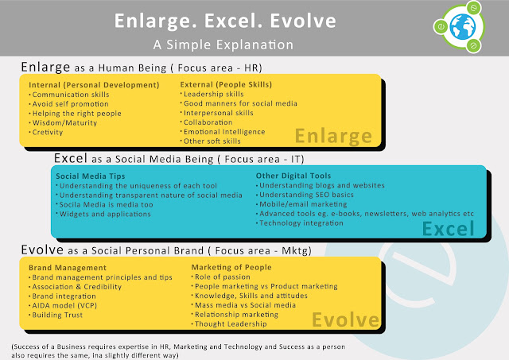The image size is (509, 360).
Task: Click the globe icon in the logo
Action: [463, 27]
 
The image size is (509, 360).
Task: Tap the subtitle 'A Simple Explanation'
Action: [223, 45]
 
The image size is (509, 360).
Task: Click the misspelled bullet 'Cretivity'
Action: [48, 133]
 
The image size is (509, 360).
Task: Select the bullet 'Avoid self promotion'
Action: [71, 104]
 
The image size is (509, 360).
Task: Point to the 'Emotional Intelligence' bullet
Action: [224, 132]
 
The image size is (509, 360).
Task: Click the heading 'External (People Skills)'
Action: [226, 85]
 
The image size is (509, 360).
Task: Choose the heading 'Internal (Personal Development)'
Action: [94, 85]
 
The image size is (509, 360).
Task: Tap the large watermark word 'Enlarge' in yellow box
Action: [333, 136]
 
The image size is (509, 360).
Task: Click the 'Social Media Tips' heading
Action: [91, 176]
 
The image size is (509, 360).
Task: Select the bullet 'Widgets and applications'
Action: [105, 214]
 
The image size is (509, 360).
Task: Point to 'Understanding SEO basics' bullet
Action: [306, 195]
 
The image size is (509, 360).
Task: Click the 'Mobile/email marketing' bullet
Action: [303, 204]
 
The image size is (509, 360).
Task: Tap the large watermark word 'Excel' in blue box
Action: [449, 229]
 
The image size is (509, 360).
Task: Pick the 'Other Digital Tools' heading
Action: [293, 176]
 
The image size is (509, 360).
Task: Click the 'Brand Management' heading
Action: [68, 268]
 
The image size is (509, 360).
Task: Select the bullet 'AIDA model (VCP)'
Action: [64, 305]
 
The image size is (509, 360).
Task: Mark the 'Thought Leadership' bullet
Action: [231, 324]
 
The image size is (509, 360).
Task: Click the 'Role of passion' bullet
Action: [223, 277]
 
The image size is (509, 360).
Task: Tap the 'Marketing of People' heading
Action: [231, 267]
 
